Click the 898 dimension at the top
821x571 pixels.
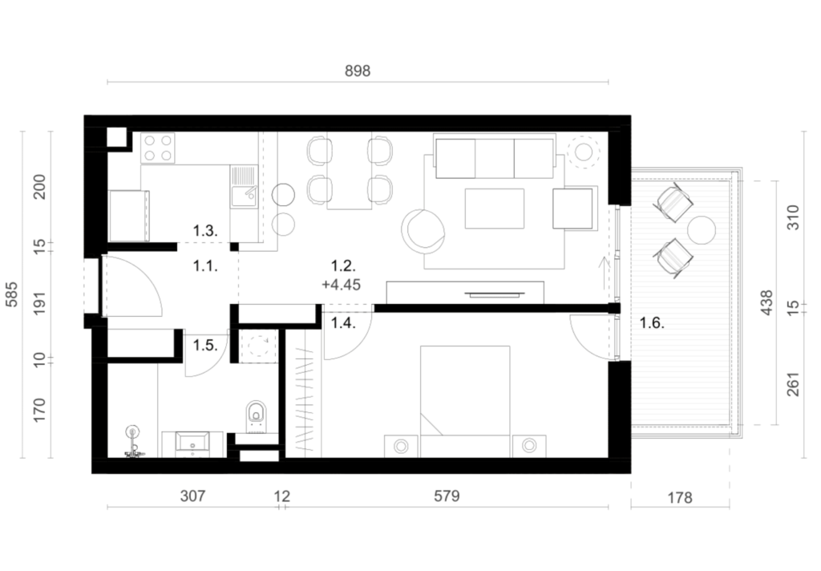tap(358, 71)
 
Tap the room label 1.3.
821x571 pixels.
tap(205, 230)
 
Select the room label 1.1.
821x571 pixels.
tap(205, 266)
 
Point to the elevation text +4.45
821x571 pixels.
tap(342, 285)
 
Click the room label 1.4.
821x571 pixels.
tap(343, 322)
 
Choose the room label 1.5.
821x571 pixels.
tap(205, 345)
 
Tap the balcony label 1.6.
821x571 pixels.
tap(652, 322)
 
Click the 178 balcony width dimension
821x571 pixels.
tap(680, 497)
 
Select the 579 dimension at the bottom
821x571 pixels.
tap(447, 496)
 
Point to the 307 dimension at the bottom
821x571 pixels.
tap(192, 496)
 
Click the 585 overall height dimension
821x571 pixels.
tap(11, 294)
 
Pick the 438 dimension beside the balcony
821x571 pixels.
tap(766, 302)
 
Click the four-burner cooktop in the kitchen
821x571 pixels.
tap(158, 148)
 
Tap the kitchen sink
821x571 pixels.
tap(244, 187)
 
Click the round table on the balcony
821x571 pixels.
tap(701, 230)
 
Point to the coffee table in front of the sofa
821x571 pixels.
tap(494, 209)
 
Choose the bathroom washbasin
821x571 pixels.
tap(192, 442)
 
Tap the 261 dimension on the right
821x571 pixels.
tap(794, 384)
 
